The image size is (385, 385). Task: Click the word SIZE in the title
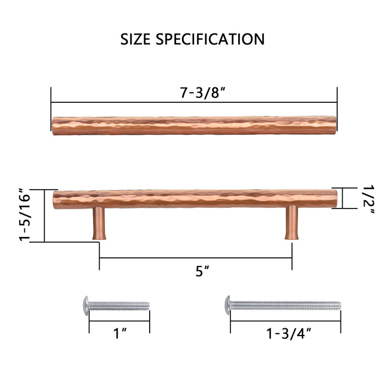(139, 40)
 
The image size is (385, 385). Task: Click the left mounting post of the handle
(99, 222)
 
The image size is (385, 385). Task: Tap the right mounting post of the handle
(291, 222)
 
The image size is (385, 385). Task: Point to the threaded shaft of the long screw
(286, 305)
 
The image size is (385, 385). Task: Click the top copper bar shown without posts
(194, 125)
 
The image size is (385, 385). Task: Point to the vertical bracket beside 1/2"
(342, 198)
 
